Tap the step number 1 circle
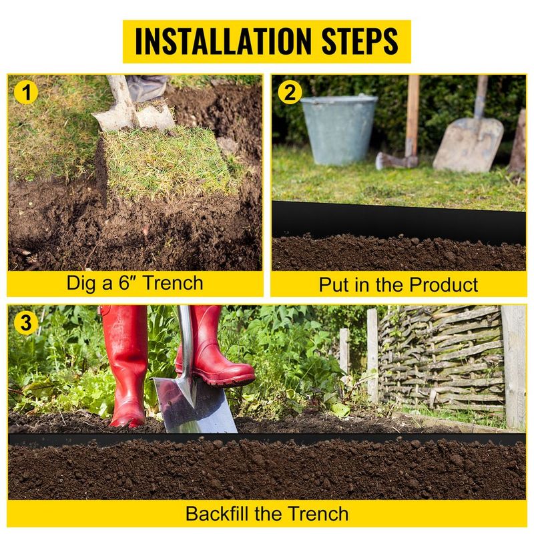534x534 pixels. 26,93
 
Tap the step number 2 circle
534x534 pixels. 289,93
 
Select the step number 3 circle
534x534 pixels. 26,324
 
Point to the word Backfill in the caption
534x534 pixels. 218,514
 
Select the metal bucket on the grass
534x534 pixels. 338,129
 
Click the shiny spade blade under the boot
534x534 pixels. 193,405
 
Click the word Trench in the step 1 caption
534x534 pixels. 173,282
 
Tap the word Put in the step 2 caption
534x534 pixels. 334,285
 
